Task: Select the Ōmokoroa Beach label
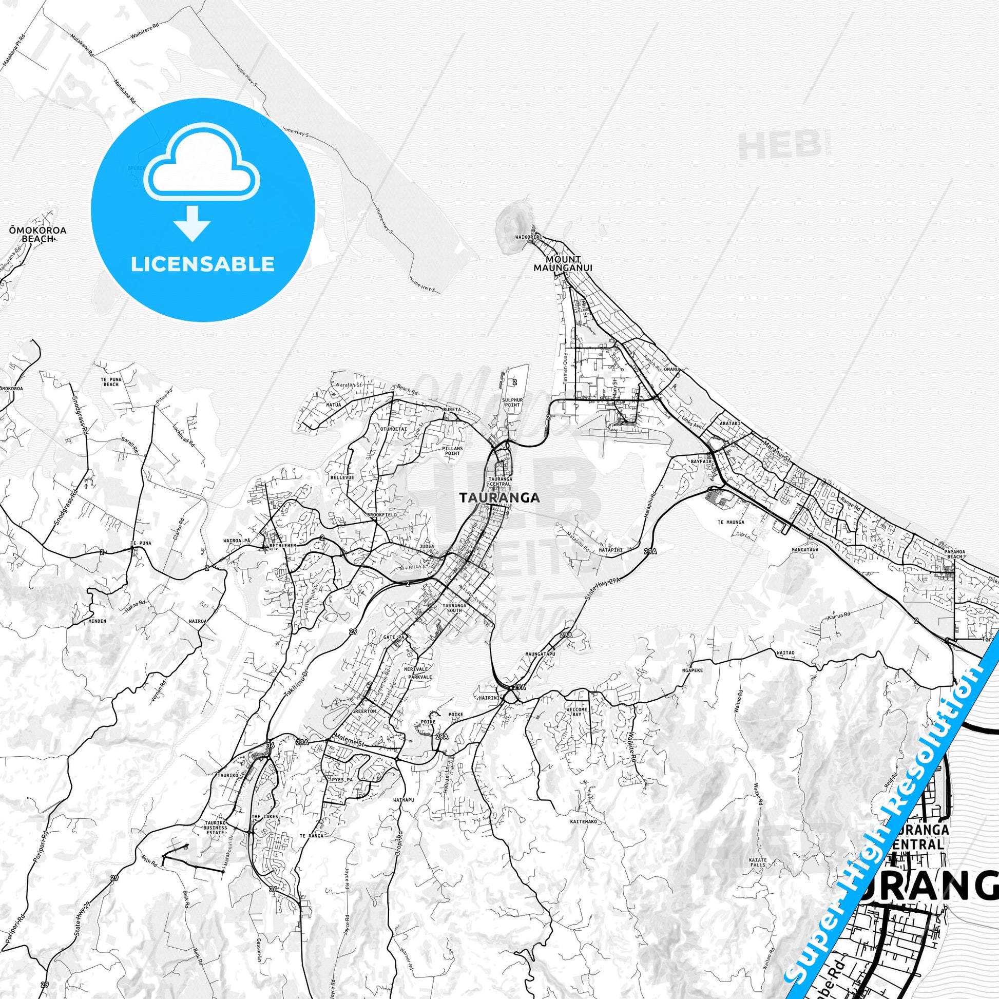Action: click(37, 234)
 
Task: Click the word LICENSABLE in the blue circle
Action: click(203, 264)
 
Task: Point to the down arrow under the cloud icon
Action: click(192, 223)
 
